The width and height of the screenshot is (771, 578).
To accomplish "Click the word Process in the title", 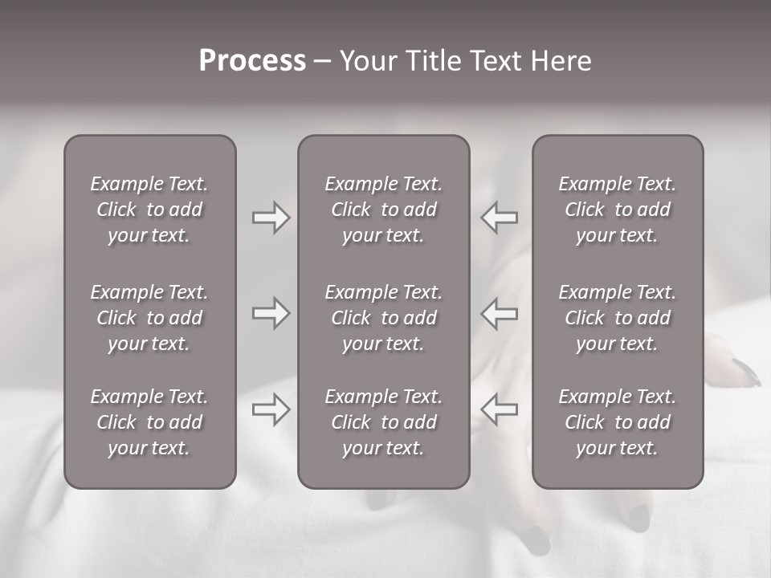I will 252,61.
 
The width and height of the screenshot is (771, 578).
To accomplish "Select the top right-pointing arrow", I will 271,218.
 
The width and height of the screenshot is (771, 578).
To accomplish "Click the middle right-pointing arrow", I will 271,313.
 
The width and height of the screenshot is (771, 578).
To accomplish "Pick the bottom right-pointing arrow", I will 271,409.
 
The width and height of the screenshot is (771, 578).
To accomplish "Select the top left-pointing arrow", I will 500,218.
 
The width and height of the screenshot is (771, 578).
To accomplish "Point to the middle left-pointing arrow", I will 500,313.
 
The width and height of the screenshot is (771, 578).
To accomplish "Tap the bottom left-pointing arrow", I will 500,409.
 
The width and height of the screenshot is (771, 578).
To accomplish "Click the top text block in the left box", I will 149,210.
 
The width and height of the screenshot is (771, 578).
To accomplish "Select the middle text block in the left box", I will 149,318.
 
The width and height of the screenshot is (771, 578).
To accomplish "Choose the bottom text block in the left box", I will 149,422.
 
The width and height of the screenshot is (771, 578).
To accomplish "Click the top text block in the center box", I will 384,210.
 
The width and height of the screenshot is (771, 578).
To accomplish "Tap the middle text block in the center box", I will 384,318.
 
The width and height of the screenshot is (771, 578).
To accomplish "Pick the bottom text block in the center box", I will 384,422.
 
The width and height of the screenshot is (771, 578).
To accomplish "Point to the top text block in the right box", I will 618,210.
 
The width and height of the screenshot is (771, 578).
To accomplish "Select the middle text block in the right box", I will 618,318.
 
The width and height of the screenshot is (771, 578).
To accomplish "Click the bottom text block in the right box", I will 618,422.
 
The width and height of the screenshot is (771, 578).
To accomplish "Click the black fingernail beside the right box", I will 747,372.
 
